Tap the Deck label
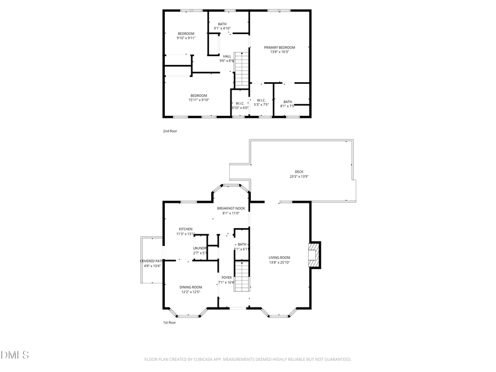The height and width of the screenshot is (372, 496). click(x=299, y=171)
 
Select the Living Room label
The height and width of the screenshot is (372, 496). click(x=279, y=257)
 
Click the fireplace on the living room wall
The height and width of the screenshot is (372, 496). click(x=314, y=255)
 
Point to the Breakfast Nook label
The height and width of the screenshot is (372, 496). click(x=231, y=208)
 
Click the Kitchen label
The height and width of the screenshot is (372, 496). click(x=185, y=229)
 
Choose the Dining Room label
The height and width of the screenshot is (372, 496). click(x=191, y=287)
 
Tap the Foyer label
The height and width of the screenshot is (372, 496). click(x=227, y=278)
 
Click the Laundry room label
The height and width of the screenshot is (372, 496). click(x=200, y=249)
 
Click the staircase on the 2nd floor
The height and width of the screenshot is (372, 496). click(x=242, y=69)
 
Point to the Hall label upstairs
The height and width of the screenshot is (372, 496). click(x=227, y=56)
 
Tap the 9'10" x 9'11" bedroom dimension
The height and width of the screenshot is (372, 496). click(x=186, y=39)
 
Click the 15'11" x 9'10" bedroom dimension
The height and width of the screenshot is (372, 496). click(x=198, y=100)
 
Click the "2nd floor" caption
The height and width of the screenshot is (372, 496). click(x=170, y=131)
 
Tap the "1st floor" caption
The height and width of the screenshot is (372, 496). click(x=169, y=322)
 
